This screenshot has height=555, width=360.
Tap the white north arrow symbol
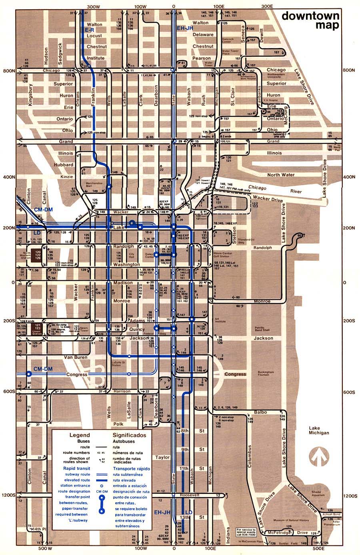(x=319, y=458)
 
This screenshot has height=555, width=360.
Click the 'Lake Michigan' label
(x=319, y=430)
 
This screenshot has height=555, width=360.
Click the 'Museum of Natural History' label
(x=291, y=520)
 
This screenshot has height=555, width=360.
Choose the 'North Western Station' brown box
(x=38, y=255)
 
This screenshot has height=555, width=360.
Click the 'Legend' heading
(x=80, y=435)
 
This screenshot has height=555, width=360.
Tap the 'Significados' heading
(x=129, y=435)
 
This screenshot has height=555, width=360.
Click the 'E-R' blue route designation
(x=88, y=30)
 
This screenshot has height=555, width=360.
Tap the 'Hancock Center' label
(x=228, y=40)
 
